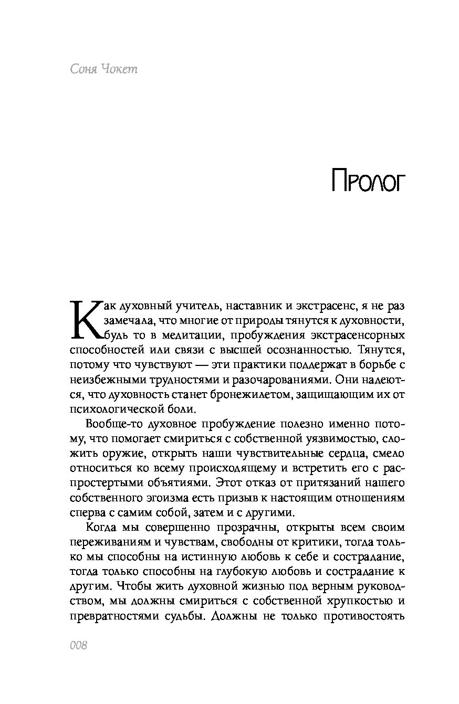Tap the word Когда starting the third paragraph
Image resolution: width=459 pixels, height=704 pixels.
click(100, 527)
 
